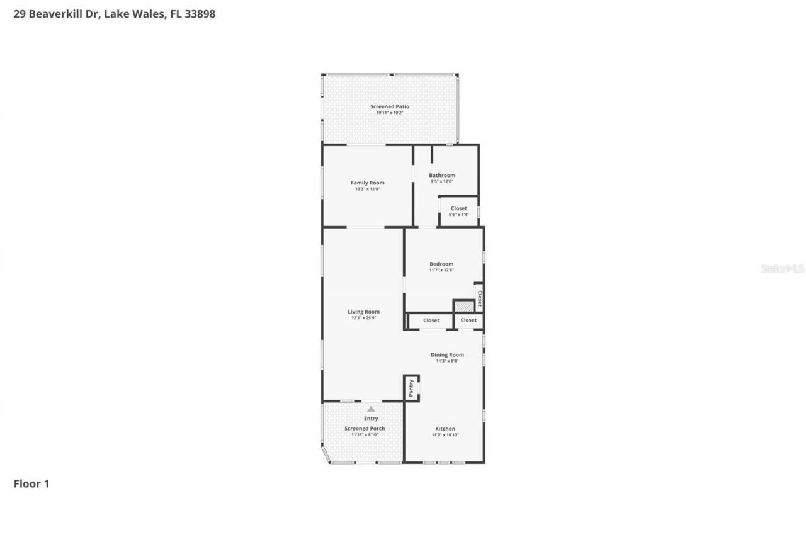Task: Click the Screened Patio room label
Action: pos(389,106)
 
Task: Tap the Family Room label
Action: pos(367,183)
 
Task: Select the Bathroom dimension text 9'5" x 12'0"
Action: pos(441,181)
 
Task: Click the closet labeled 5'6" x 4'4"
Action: pos(458,212)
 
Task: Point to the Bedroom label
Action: pos(441,264)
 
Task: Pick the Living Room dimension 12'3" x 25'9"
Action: pos(364,318)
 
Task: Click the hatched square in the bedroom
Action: pos(463,306)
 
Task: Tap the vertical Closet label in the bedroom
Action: pos(479,298)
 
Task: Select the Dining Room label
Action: pos(447,354)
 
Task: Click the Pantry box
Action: pos(411,388)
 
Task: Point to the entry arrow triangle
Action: pos(371,409)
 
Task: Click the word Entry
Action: pos(371,419)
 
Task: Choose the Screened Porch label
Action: pos(365,429)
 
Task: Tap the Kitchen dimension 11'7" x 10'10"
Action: pos(445,435)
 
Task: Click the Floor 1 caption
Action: pos(31,483)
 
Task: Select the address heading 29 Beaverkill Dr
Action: pos(114,14)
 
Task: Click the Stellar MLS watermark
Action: pos(782,268)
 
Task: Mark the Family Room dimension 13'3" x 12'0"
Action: pos(367,189)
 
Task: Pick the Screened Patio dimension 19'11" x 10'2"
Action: pos(389,113)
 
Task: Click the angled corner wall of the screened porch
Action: pos(326,455)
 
